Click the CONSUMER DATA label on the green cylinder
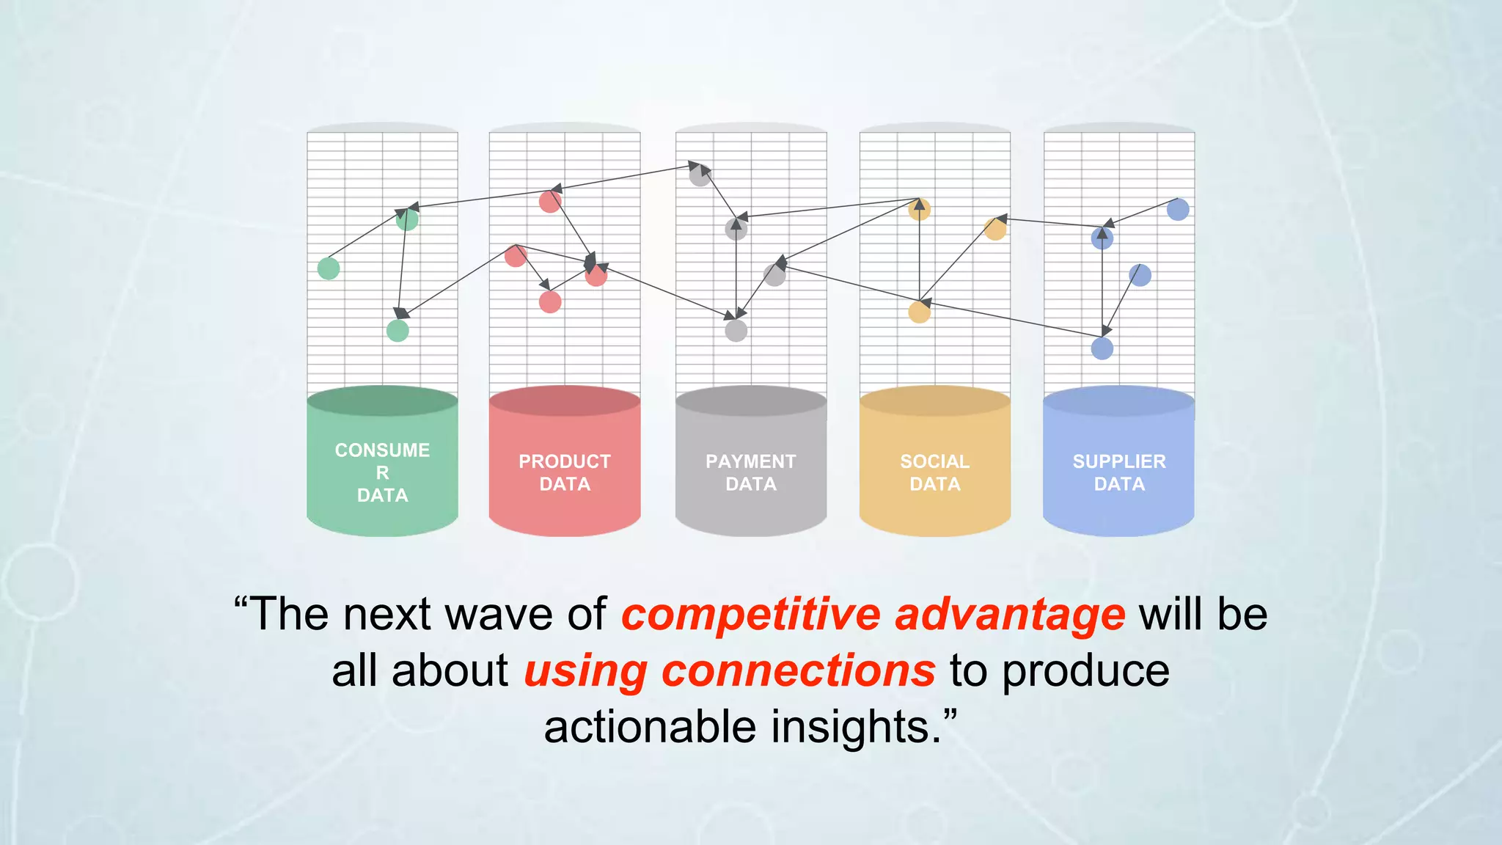click(382, 472)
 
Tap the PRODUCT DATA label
click(565, 472)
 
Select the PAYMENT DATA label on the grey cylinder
click(750, 472)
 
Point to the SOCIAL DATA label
click(934, 472)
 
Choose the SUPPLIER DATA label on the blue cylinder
click(1118, 472)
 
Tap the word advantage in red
click(1010, 615)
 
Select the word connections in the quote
click(798, 670)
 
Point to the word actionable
click(650, 727)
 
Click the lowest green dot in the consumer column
click(398, 331)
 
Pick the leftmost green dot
click(329, 268)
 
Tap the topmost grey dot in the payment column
click(700, 175)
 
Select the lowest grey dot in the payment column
click(736, 331)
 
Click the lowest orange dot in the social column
click(919, 312)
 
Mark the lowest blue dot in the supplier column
click(1102, 348)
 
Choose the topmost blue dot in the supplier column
click(1178, 210)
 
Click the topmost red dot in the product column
click(550, 202)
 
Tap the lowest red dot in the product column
click(550, 301)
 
